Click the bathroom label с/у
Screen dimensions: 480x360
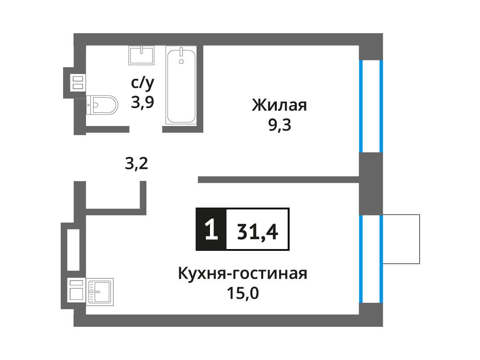tap(142, 83)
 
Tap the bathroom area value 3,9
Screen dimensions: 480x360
tap(142, 102)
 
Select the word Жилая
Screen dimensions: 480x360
tap(280, 105)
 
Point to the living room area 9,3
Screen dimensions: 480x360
tap(280, 125)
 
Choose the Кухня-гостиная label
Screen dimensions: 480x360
tap(243, 274)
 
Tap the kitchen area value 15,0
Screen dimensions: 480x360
tap(243, 293)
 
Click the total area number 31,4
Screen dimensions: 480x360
tap(257, 232)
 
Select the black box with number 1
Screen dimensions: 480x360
tap(211, 229)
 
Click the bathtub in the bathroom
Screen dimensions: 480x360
tap(181, 85)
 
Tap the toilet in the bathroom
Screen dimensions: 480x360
tap(102, 105)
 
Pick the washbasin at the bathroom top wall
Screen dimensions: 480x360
tap(141, 55)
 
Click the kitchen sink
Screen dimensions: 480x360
tap(100, 292)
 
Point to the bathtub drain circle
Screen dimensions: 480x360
tap(181, 62)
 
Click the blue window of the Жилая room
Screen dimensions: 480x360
tap(371, 106)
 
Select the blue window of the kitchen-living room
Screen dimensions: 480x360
tap(371, 259)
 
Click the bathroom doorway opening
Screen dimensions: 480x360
tap(146, 129)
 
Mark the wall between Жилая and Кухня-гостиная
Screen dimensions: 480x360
tap(278, 180)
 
